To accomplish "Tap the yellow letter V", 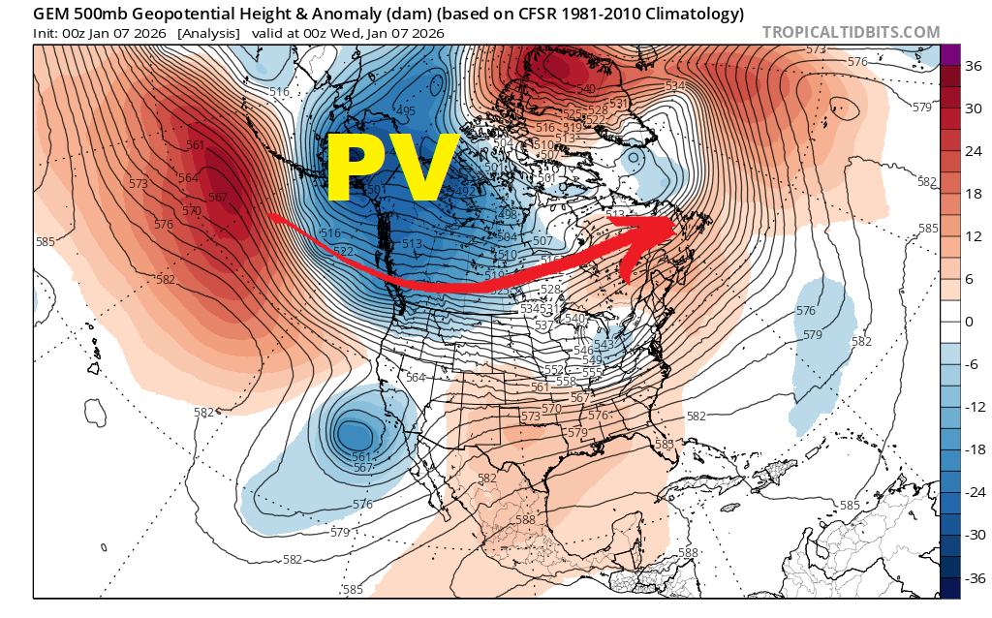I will point(422,167).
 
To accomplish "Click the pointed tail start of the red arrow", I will point(270,216).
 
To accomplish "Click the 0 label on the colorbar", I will point(969,321).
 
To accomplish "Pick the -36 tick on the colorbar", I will point(970,578).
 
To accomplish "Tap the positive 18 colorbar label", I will point(969,193).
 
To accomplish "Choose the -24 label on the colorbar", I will point(970,492).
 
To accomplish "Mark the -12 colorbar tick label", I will point(970,407).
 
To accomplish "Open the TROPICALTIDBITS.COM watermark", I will point(851,32).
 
